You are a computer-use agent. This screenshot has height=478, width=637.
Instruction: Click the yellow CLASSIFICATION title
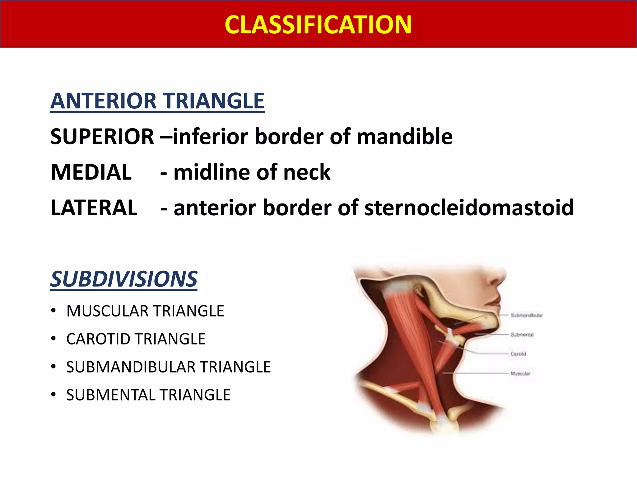coord(318,25)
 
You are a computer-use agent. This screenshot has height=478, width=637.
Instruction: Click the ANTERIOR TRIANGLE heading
coord(157,101)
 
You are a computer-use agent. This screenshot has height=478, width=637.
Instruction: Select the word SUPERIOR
coord(102,137)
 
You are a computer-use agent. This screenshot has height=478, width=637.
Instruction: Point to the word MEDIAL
coord(91,172)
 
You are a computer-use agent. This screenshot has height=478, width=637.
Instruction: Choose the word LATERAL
coord(94,208)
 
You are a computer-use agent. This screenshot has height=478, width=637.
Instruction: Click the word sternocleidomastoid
coord(469,208)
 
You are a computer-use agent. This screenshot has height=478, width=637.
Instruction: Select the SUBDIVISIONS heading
coord(124,279)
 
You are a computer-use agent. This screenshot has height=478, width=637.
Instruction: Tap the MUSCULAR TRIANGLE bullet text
coord(145,311)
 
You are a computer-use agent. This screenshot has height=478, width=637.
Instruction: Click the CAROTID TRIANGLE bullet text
coord(136,339)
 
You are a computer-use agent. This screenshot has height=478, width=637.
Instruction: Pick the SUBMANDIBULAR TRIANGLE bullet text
coord(168,367)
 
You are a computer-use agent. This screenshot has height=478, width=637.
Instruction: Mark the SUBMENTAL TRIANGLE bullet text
coord(148,395)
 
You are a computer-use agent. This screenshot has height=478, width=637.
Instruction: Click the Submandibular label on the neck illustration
coord(526,315)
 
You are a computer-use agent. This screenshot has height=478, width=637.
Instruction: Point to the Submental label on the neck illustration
coord(522,335)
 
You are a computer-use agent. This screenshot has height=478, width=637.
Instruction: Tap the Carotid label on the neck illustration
coord(518,354)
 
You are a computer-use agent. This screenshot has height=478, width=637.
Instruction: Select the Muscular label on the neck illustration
coord(520,373)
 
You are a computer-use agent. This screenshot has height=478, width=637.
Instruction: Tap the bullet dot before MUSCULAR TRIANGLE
coord(53,311)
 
